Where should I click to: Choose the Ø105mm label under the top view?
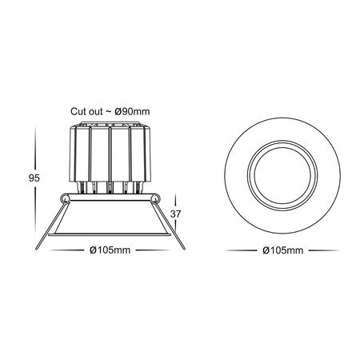[282, 250]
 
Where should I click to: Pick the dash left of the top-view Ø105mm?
[239, 250]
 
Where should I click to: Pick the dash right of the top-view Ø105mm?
[326, 250]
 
